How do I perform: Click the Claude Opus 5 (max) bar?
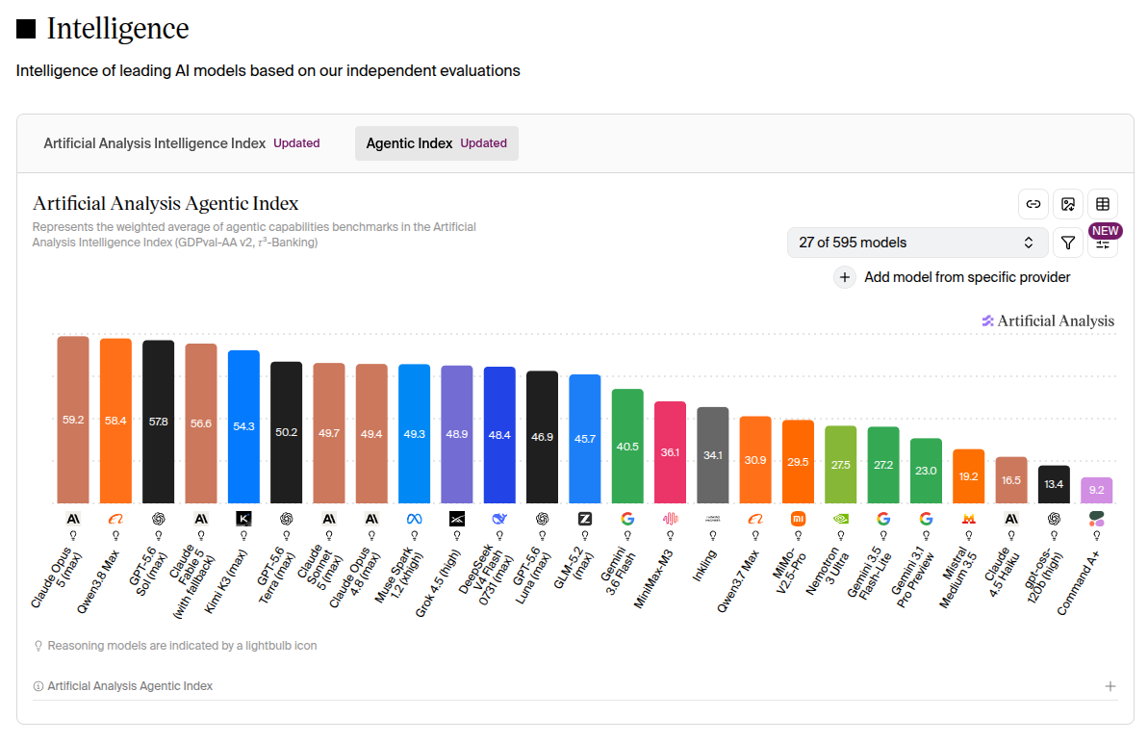coord(73,420)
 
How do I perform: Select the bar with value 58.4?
coord(115,421)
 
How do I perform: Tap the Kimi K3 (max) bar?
coord(243,426)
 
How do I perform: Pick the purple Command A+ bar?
coord(1097,491)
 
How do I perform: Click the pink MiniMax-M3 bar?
coord(670,452)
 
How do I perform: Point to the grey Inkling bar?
coord(712,455)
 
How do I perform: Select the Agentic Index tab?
coord(436,143)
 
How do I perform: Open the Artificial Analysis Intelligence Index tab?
coord(182,143)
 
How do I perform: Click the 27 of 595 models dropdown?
coord(916,243)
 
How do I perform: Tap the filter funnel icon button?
coord(1068,243)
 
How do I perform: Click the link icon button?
coord(1033,204)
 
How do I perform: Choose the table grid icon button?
coord(1103,204)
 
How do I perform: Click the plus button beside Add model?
coord(844,277)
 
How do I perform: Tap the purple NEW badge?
coord(1106,231)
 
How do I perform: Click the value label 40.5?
coord(627,447)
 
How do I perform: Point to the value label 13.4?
coord(1054,484)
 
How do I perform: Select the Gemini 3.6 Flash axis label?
coord(618,571)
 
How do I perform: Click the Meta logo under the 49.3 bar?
coord(415,519)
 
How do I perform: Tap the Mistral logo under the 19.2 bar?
coord(969,519)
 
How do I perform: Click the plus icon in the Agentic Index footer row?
coord(1110,686)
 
